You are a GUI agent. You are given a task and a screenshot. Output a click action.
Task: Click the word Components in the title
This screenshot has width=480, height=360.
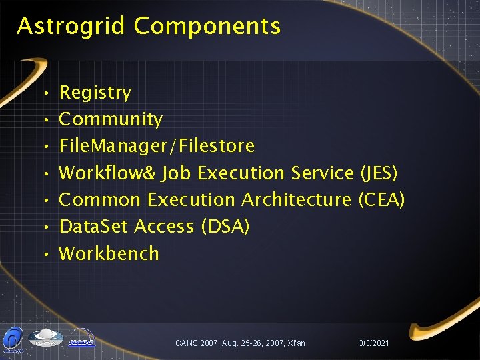pyautogui.click(x=207, y=27)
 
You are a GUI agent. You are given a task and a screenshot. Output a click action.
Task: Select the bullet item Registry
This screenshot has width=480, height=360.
pyautogui.click(x=95, y=93)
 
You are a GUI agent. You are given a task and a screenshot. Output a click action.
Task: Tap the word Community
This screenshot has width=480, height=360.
pyautogui.click(x=111, y=119)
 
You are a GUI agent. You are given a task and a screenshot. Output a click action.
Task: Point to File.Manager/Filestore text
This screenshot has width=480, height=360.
pyautogui.click(x=157, y=146)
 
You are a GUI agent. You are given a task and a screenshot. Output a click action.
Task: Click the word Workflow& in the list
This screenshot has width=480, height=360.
pyautogui.click(x=107, y=173)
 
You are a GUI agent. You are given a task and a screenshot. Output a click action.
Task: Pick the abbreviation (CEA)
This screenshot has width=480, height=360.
pyautogui.click(x=381, y=200)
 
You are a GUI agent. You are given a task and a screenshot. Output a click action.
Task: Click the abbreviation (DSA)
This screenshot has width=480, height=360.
pyautogui.click(x=225, y=227)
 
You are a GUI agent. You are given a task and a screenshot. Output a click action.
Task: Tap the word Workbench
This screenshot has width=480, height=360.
pyautogui.click(x=109, y=253)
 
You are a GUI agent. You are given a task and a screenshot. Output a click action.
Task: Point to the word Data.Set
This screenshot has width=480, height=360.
pyautogui.click(x=94, y=227)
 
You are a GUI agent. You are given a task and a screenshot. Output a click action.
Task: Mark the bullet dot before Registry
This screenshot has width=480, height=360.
pyautogui.click(x=41, y=93)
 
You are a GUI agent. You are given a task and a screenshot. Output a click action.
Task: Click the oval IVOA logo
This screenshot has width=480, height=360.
pyautogui.click(x=45, y=338)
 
